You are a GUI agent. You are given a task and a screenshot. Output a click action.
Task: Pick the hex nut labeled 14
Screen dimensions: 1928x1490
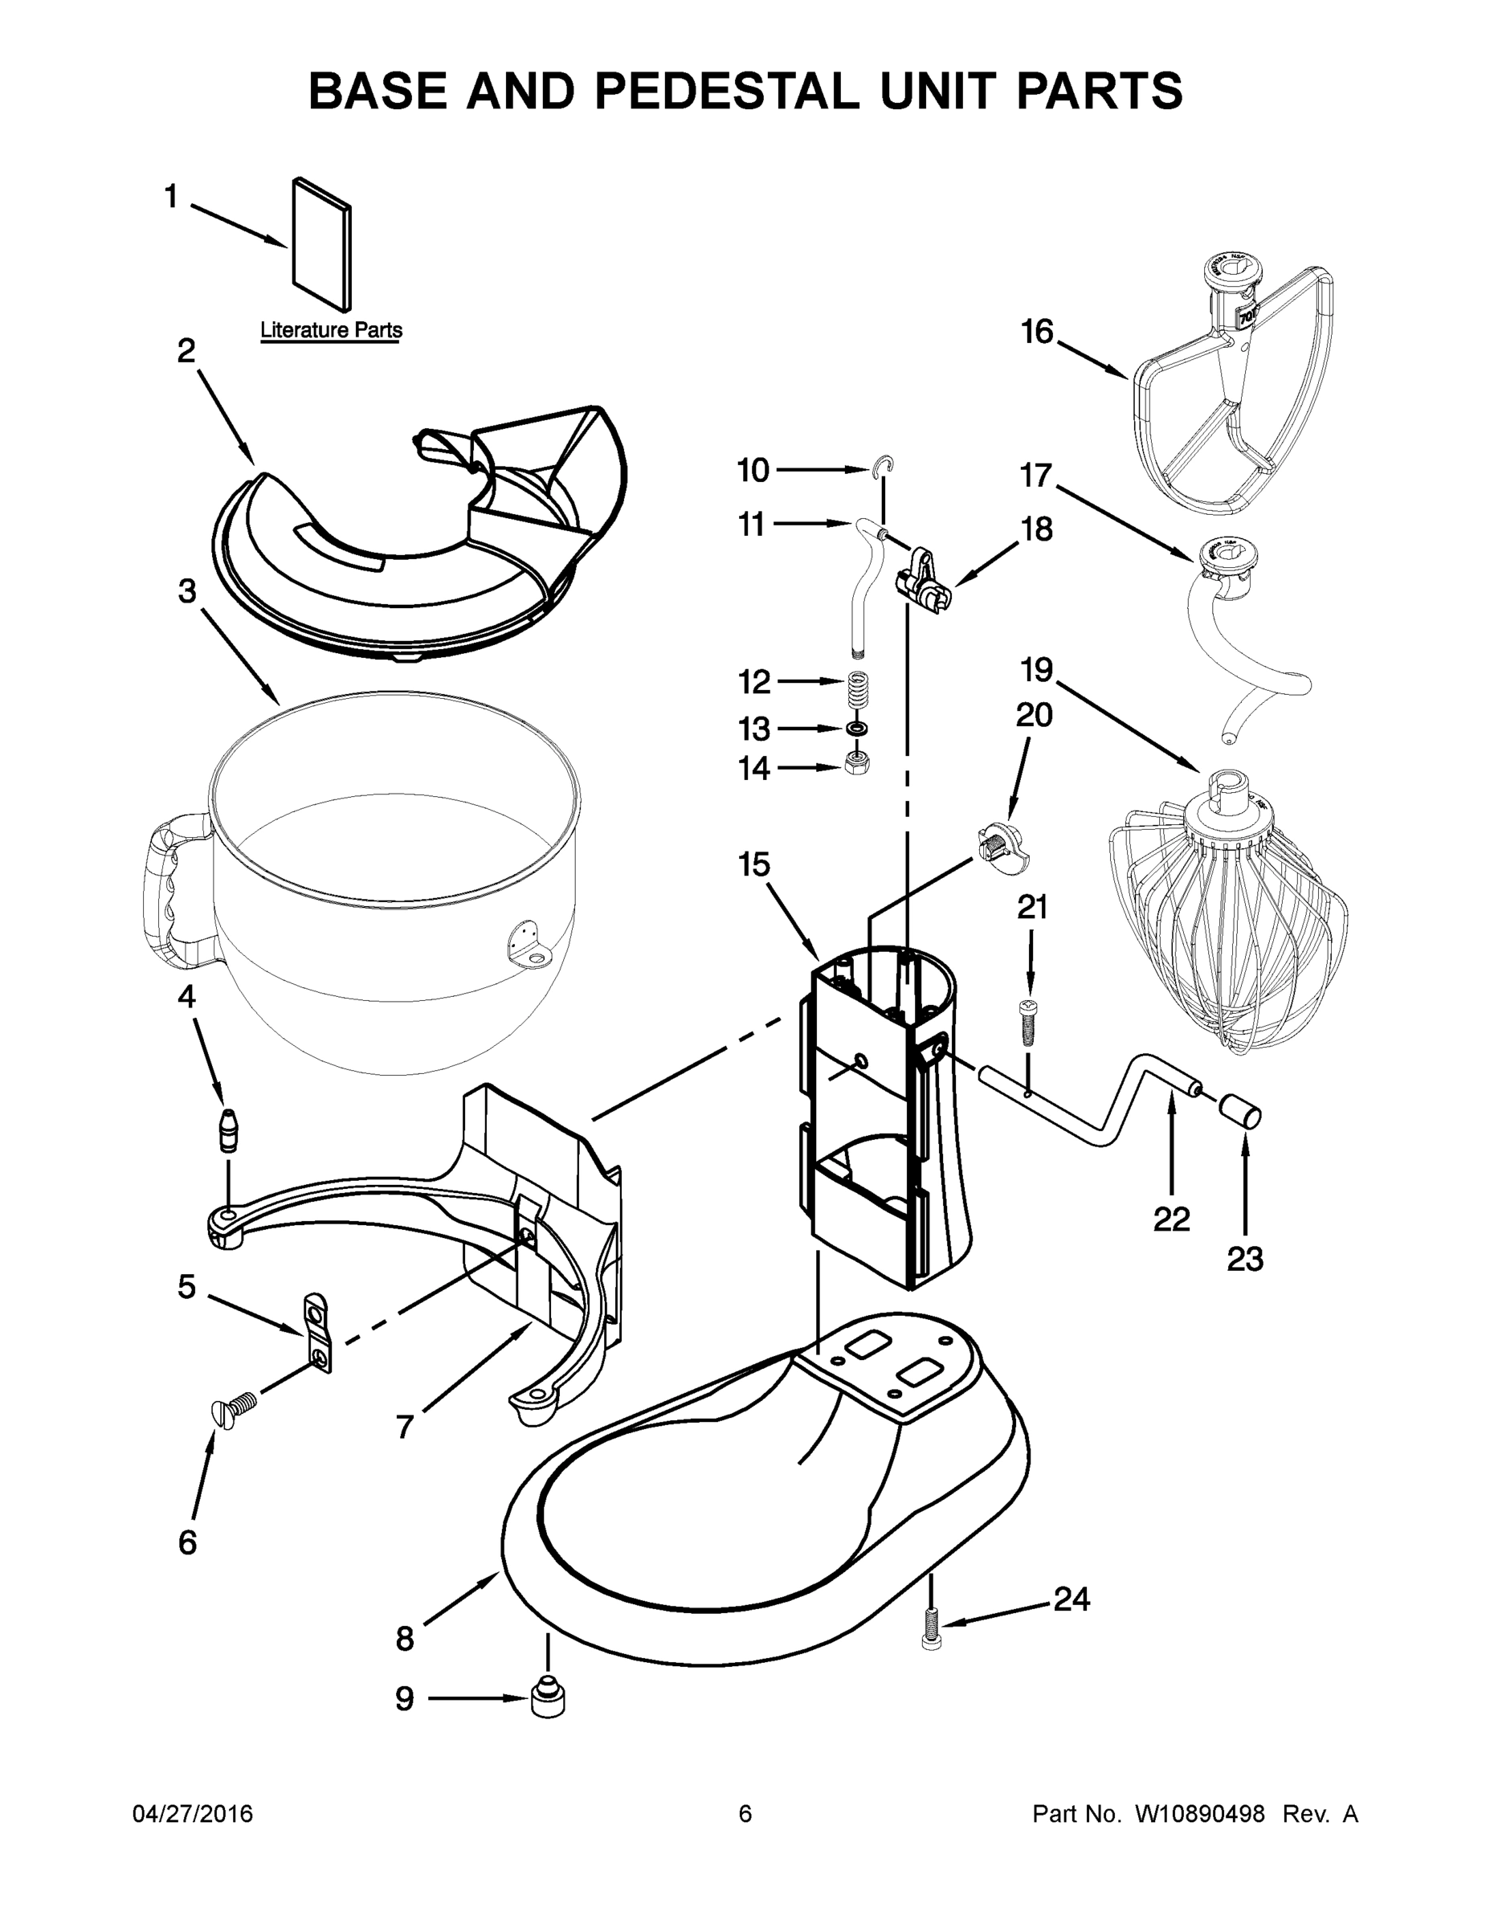tap(857, 762)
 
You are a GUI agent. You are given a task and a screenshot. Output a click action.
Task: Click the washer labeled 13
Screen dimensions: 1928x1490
tap(856, 729)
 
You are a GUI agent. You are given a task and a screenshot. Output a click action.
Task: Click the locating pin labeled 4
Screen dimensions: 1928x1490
tap(230, 1129)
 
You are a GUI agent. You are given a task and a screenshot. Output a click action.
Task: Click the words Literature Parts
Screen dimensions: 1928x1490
tap(331, 330)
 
